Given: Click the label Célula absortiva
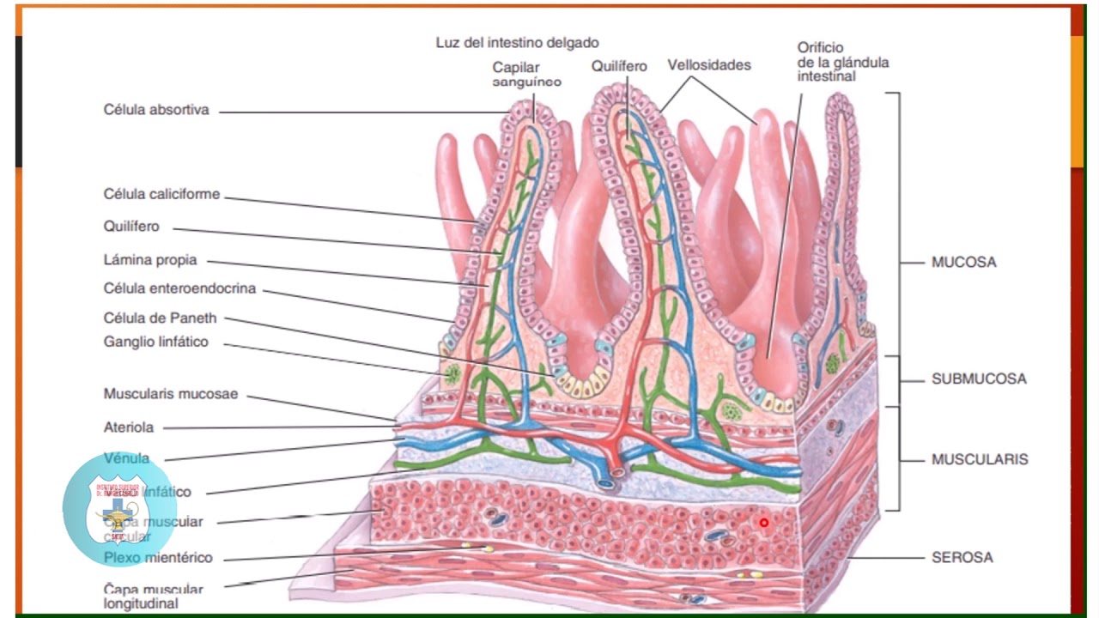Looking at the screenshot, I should pos(156,110).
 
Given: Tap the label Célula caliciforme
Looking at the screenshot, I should pos(161,194).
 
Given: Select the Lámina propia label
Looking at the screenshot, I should pos(150,259).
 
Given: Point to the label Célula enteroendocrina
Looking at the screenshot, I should pos(179,288).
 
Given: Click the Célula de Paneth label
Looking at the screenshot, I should pos(160,318).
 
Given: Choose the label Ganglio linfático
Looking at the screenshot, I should pos(155,342).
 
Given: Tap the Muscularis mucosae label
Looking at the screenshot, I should pos(171,394).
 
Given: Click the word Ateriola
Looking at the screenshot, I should pos(129,427).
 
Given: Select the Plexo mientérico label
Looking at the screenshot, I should pos(158,558).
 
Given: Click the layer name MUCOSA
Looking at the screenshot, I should pos(963,262).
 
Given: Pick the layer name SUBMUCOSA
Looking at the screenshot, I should pos(979,379).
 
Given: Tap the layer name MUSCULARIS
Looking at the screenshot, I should pos(980,459).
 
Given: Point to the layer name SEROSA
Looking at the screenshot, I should pos(962,557).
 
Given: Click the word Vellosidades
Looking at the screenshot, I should pos(709,65).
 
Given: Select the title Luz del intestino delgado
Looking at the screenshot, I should pos(517,42).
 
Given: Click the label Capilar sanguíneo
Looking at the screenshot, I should pos(527,74).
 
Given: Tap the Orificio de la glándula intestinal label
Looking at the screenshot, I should pos(842,62).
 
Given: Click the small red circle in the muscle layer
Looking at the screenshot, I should pos(763,522).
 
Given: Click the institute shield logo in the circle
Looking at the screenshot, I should pos(119,509).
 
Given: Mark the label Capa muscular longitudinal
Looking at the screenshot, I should pos(154,596).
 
